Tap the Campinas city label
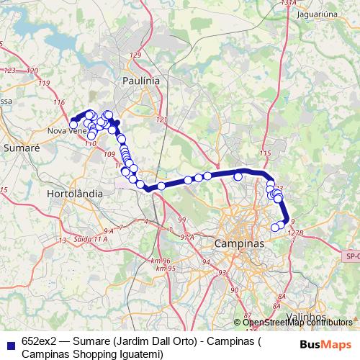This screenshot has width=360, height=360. click(x=239, y=244)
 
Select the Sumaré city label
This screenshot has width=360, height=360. click(x=22, y=147)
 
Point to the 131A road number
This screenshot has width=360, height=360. click(x=289, y=4)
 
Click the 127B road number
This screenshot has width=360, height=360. click(x=295, y=233)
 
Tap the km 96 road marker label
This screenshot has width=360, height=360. click(x=161, y=260)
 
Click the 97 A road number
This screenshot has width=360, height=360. click(x=187, y=237)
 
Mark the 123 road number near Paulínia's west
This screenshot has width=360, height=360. click(x=10, y=71)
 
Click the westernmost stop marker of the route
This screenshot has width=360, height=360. click(x=73, y=125)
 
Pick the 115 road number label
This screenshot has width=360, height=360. click(x=266, y=153)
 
